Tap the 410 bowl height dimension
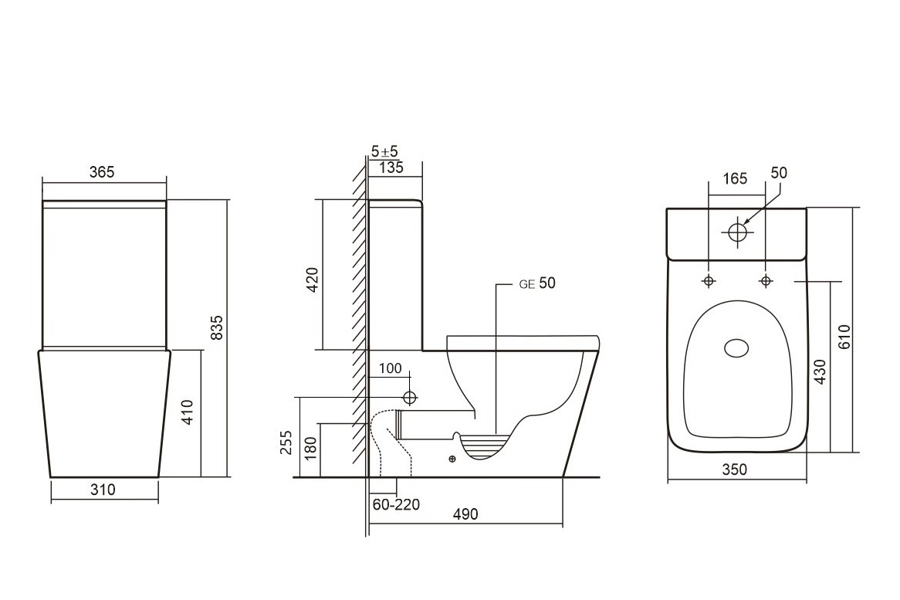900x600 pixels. (x=188, y=413)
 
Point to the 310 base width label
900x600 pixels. (x=103, y=490)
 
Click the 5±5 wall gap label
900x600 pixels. (x=384, y=152)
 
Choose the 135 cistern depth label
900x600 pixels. (x=391, y=168)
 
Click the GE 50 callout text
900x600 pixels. (x=537, y=283)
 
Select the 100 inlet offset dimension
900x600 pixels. (x=391, y=368)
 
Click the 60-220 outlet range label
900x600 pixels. (x=396, y=505)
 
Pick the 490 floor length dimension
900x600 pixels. (x=465, y=514)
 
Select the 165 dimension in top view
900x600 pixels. (x=735, y=178)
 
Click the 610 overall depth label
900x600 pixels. (x=844, y=337)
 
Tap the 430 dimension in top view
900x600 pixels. (x=820, y=371)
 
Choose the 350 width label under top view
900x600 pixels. (x=735, y=469)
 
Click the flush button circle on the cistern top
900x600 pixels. (x=738, y=231)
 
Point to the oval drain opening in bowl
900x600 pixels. (x=737, y=348)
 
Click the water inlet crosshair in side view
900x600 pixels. (x=410, y=398)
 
